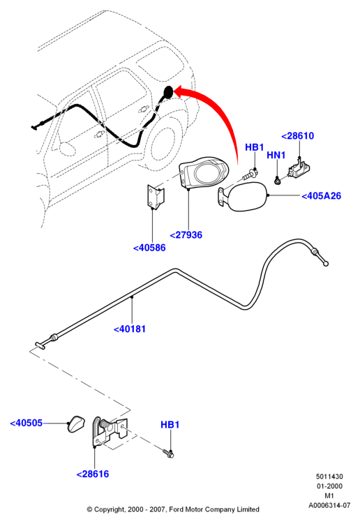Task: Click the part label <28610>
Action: coord(297,136)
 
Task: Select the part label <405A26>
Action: coord(321,196)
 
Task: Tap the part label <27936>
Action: coord(186,235)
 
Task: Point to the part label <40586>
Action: coord(149,248)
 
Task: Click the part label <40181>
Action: coord(130,329)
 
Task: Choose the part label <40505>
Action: coord(27,423)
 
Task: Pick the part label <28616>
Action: coord(93,474)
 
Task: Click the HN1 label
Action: coord(276,155)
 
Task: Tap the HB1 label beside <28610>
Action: coord(255,147)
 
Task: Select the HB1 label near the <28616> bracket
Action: coord(170,425)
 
